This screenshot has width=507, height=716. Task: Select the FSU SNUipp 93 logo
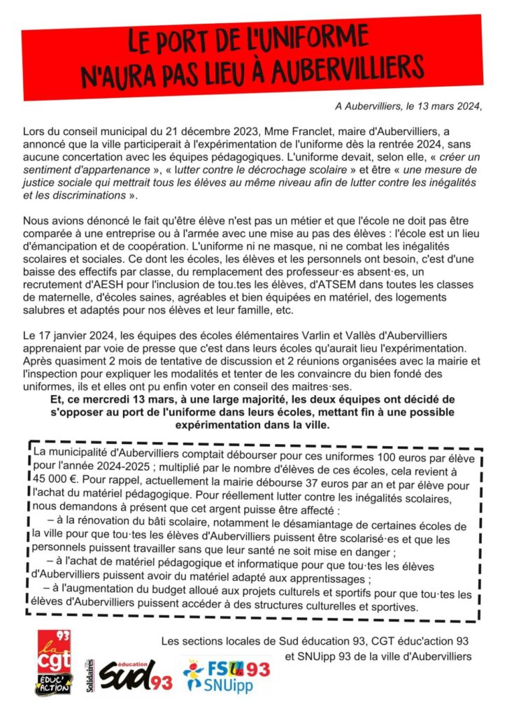(x=226, y=673)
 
